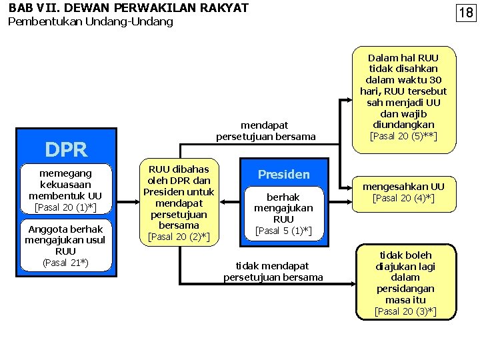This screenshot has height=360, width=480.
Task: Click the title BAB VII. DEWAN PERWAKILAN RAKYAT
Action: point(128,8)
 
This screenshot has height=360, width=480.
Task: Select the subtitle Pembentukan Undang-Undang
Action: point(90,21)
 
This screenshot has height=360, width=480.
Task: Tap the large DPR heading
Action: point(65,149)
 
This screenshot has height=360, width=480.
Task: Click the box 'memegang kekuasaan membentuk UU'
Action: point(65,190)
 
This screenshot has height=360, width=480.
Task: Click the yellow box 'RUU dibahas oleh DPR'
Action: point(179,203)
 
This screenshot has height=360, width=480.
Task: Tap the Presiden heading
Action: point(283,175)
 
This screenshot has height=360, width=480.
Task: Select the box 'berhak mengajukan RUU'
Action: point(283,213)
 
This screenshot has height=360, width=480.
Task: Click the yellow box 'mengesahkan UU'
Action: point(403,192)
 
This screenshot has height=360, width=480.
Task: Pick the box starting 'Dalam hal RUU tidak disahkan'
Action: point(403,97)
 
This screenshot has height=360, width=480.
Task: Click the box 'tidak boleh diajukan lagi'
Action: point(405,283)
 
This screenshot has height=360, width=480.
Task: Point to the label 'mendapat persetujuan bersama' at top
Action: point(265,131)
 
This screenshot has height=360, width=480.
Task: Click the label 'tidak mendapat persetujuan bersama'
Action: point(273,271)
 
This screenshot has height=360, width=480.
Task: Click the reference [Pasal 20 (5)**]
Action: point(403,137)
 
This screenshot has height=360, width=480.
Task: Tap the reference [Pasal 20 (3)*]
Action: point(405,311)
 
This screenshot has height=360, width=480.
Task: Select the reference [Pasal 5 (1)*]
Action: point(283,231)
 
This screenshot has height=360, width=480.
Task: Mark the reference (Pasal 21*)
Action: point(65,263)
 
